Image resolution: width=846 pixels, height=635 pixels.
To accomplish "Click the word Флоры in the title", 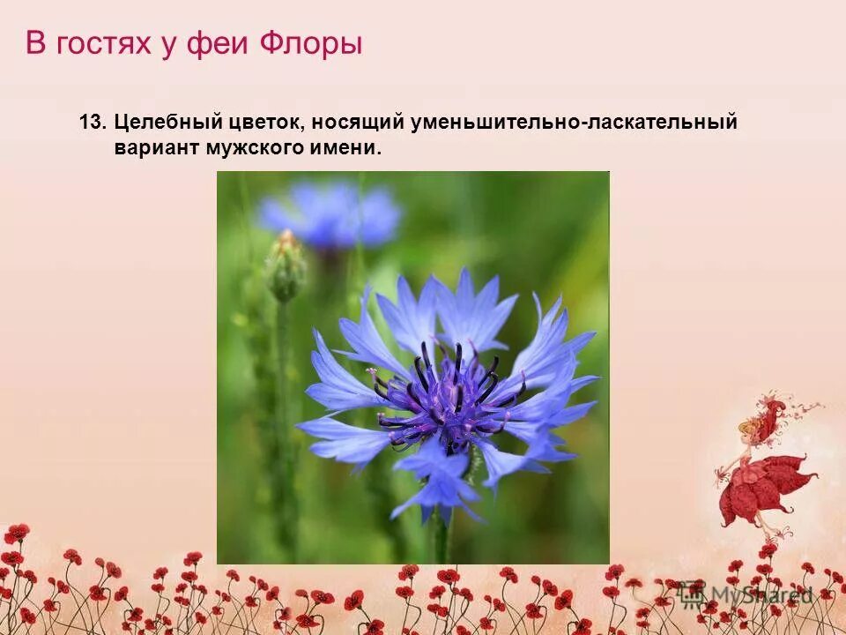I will point(311,43).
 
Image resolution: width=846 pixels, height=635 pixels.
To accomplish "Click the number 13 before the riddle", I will point(92,123).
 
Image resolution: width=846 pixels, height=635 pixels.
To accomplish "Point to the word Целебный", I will point(163,123).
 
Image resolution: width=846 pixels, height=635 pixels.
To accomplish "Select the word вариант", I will point(156,147).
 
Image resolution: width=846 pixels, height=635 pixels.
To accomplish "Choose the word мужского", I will point(254,147).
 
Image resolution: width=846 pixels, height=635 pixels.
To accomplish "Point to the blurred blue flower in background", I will point(330,213).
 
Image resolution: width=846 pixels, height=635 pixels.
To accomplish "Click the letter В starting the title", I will point(35,43).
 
